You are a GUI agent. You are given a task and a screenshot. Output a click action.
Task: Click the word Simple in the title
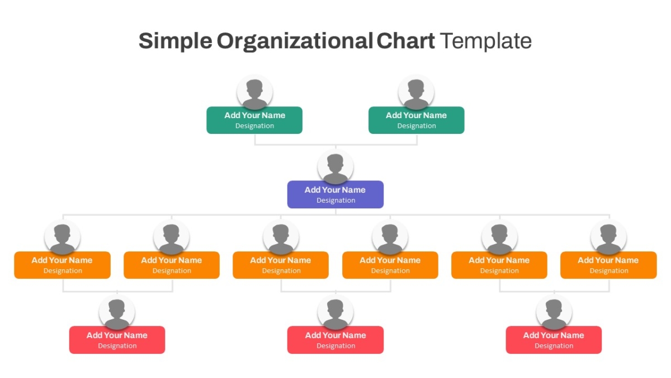click(176, 41)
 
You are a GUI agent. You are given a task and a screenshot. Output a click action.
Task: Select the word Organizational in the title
click(295, 41)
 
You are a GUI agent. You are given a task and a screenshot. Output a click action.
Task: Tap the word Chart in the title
click(405, 41)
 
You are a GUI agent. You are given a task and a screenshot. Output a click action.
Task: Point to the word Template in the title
click(486, 41)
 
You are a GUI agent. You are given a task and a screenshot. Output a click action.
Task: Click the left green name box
click(254, 120)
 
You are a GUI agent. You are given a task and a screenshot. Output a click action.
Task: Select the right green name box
click(417, 120)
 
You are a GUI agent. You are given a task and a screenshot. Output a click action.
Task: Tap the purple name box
click(335, 194)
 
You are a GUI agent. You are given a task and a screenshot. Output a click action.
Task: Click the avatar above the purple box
click(335, 167)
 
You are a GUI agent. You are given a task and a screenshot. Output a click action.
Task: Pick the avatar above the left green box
click(254, 92)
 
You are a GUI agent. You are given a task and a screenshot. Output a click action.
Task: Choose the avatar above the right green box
click(416, 92)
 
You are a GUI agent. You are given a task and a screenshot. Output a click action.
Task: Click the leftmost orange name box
click(62, 265)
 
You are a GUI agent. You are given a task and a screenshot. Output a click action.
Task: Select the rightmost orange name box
click(609, 265)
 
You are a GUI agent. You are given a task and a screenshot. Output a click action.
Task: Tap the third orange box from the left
click(281, 265)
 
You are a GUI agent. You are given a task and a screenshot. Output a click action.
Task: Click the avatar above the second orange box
click(171, 237)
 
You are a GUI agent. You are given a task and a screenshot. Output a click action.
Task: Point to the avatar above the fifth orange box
click(499, 237)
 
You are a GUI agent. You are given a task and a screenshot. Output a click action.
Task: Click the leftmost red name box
click(117, 340)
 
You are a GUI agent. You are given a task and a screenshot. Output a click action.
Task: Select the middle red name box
click(335, 340)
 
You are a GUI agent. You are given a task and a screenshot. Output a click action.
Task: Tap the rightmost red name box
click(554, 340)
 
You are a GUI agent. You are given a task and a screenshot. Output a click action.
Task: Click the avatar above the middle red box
click(335, 312)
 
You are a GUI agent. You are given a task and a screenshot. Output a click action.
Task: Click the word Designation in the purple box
click(336, 200)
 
